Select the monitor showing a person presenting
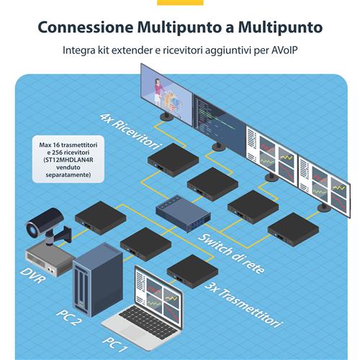166,89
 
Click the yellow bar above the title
180,2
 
